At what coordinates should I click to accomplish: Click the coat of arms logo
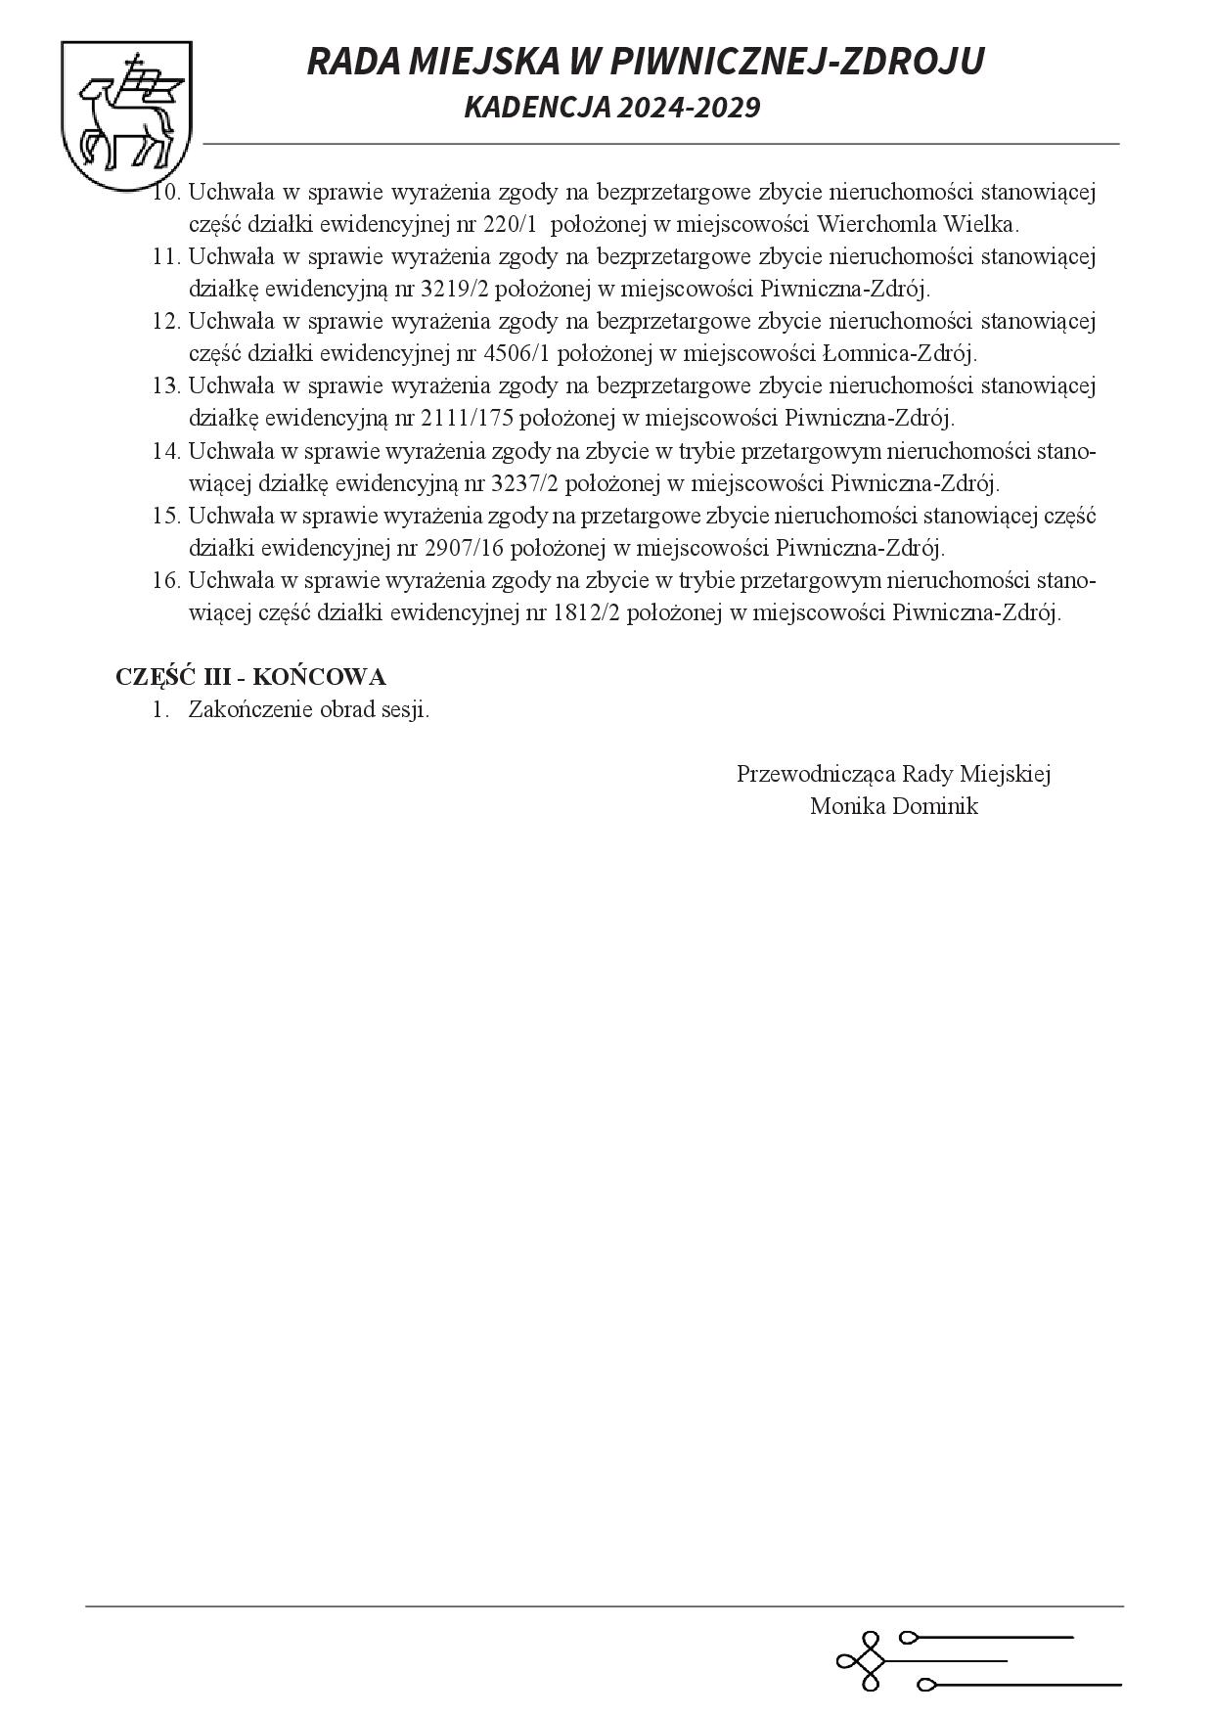[x=125, y=115]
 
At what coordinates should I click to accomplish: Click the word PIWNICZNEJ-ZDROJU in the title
[x=796, y=62]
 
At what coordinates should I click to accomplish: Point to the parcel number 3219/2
[x=456, y=289]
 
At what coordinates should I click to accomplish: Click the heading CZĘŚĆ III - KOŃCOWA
[x=250, y=677]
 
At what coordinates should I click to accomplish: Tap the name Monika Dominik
[x=894, y=807]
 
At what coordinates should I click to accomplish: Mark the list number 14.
[x=165, y=451]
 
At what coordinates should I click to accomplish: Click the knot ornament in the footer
[x=860, y=1661]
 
